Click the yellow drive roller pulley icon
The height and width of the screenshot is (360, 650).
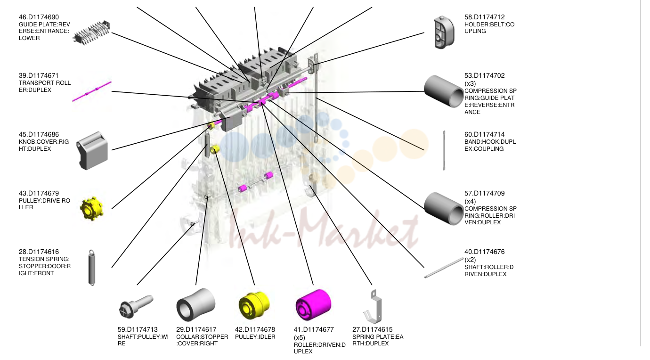(92, 208)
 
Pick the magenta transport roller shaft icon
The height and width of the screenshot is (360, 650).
(92, 91)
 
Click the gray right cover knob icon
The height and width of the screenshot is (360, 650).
(92, 150)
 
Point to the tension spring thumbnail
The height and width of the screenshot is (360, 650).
(92, 267)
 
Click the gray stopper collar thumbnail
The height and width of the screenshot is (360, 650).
(195, 305)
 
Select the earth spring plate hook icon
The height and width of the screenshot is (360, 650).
(373, 307)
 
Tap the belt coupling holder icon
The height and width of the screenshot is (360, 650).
(444, 32)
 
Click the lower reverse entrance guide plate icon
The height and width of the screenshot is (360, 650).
(92, 33)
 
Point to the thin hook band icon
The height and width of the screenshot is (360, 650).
(444, 150)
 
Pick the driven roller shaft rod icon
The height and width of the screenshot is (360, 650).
(444, 268)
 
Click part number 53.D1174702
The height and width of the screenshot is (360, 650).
(484, 75)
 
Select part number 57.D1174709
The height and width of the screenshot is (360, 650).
(484, 193)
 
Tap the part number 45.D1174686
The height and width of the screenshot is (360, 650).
(39, 134)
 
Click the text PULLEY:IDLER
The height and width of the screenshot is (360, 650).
(255, 337)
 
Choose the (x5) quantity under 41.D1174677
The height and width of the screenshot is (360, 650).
(300, 337)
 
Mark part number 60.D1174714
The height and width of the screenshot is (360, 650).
(484, 134)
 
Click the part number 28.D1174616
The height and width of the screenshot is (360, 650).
(39, 252)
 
